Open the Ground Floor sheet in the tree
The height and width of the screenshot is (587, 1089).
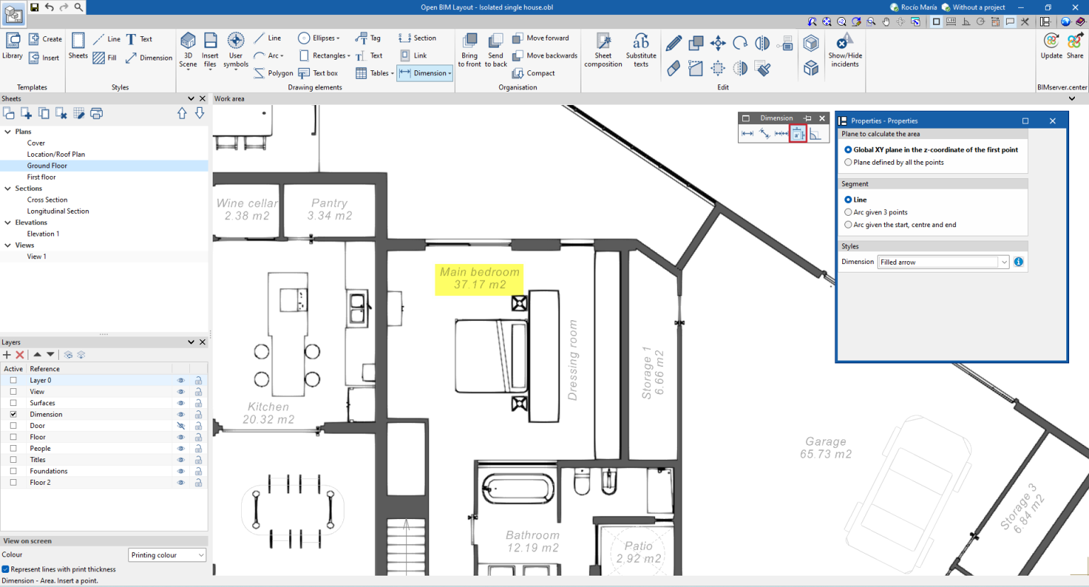click(x=47, y=165)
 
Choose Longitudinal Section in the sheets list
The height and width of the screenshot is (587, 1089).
click(x=58, y=211)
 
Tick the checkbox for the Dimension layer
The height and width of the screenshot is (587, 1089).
click(x=13, y=415)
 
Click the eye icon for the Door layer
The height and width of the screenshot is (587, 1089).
click(x=181, y=426)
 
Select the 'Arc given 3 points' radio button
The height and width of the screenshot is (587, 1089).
click(x=849, y=212)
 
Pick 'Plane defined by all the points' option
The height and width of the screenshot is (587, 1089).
click(x=849, y=163)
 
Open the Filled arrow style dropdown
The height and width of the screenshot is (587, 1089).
click(x=1004, y=262)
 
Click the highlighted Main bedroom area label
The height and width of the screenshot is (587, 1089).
click(x=479, y=278)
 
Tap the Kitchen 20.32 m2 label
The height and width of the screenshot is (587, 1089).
click(x=268, y=413)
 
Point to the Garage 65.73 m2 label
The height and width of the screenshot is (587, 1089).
click(x=825, y=448)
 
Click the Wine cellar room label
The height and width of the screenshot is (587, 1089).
click(x=247, y=209)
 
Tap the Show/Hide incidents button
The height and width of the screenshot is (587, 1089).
click(x=844, y=50)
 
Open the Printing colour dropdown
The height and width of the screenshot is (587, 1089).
click(x=167, y=555)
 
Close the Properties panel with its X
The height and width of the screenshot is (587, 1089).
click(x=1053, y=121)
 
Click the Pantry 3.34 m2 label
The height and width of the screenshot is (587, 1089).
click(x=329, y=209)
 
